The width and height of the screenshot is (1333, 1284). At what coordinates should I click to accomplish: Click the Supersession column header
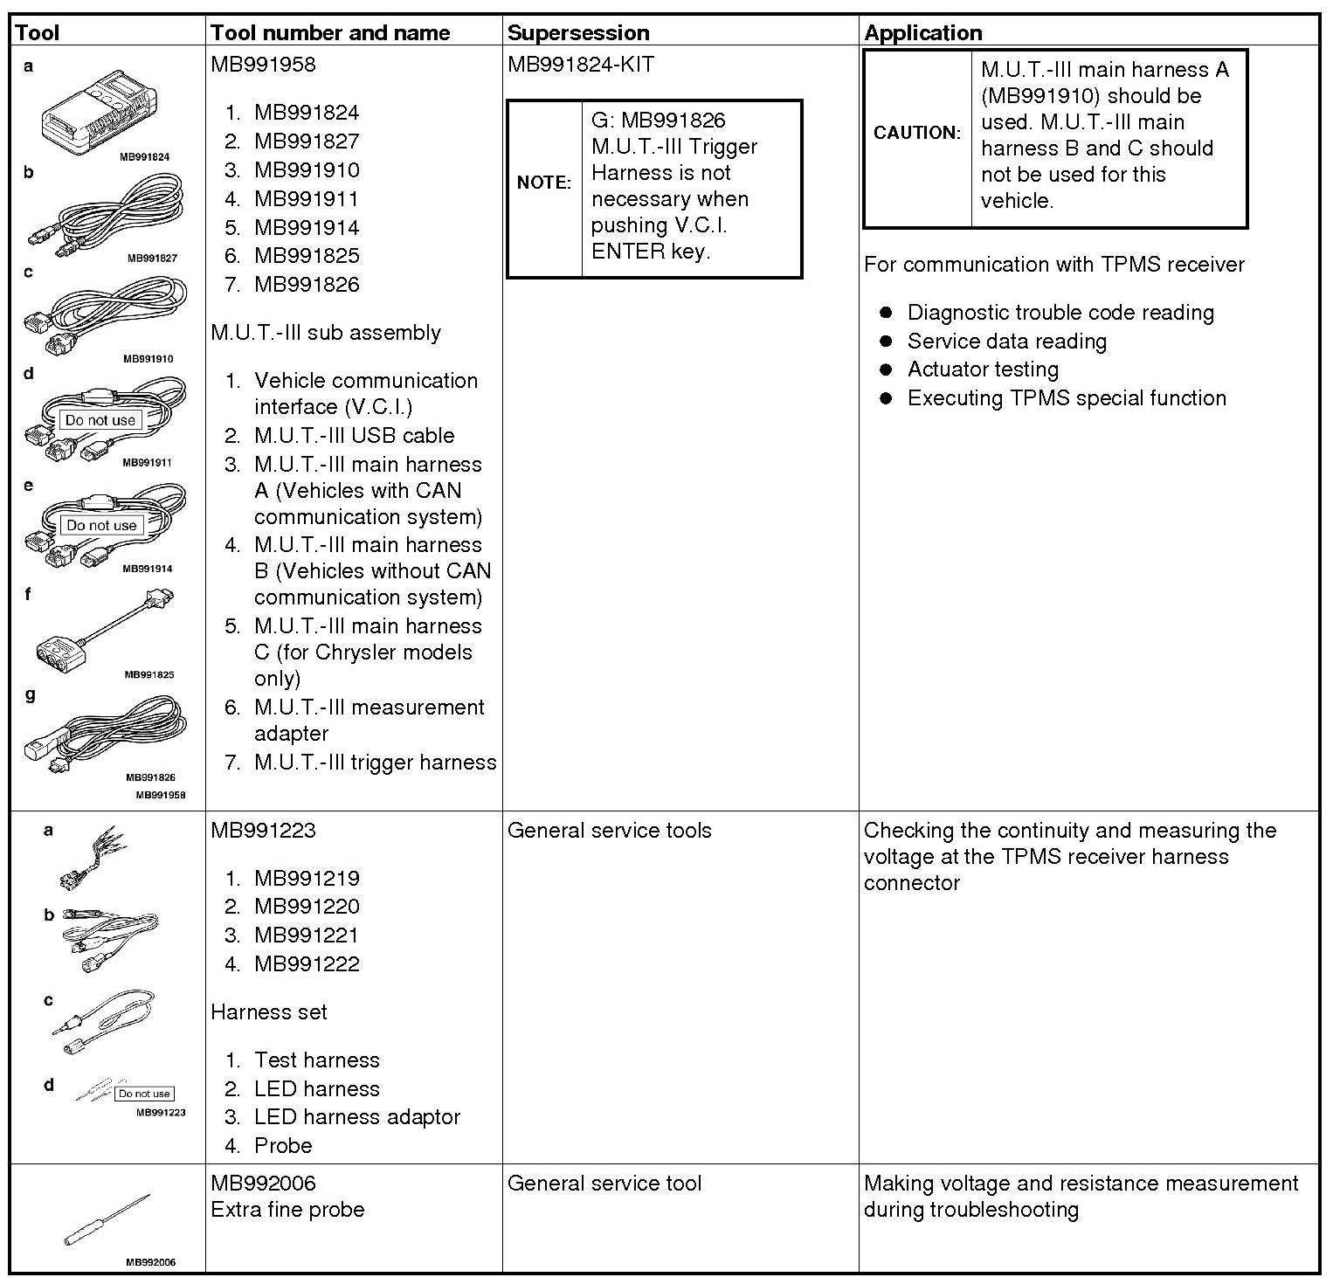click(x=578, y=33)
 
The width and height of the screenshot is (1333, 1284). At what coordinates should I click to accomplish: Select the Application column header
click(x=923, y=33)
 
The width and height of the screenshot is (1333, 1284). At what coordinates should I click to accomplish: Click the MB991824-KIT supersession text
click(x=580, y=65)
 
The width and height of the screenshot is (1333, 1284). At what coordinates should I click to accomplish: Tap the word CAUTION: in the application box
click(x=917, y=133)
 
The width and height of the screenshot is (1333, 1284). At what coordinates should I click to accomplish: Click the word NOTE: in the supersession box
click(x=544, y=183)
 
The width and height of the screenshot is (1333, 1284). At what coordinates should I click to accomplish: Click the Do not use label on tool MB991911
click(x=100, y=420)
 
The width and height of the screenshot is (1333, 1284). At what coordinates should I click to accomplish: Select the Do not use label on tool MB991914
click(x=101, y=525)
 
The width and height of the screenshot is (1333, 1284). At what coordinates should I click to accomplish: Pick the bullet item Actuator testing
click(x=983, y=369)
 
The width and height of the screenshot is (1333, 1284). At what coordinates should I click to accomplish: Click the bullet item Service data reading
click(x=1006, y=342)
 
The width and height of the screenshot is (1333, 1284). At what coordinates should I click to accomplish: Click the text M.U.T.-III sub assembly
click(x=326, y=333)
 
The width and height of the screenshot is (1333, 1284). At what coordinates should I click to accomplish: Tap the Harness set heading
click(x=269, y=1012)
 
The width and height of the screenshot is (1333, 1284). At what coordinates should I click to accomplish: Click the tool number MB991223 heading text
click(x=263, y=831)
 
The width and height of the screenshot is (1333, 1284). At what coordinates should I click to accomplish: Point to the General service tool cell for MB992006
click(x=604, y=1184)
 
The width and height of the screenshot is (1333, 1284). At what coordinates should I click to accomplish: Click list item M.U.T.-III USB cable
click(x=354, y=436)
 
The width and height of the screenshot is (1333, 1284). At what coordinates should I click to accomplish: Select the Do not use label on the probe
click(x=144, y=1094)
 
